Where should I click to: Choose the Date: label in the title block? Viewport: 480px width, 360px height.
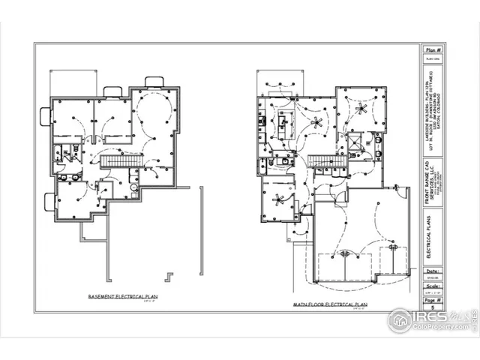(x=433, y=272)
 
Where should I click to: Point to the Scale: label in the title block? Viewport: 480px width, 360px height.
(x=433, y=286)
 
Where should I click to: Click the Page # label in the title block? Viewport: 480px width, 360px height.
(x=433, y=299)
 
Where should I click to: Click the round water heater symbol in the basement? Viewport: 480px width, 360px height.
(x=134, y=187)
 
